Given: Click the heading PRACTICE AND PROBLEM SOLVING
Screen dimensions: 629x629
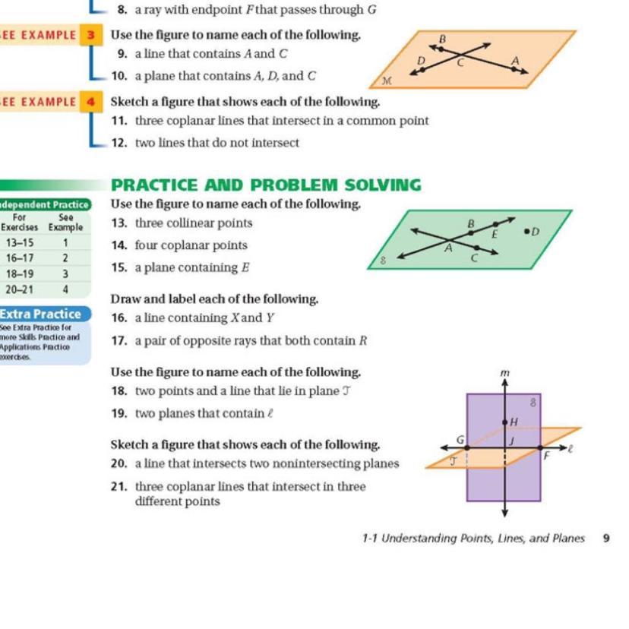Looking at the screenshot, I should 266,185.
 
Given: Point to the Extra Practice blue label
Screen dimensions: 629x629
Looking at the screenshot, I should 44,314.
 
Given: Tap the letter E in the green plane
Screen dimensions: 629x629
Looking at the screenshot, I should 495,235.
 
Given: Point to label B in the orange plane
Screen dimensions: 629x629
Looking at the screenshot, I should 443,38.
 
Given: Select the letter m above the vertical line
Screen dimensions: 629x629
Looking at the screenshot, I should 505,373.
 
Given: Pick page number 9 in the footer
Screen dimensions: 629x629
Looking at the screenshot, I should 606,539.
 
